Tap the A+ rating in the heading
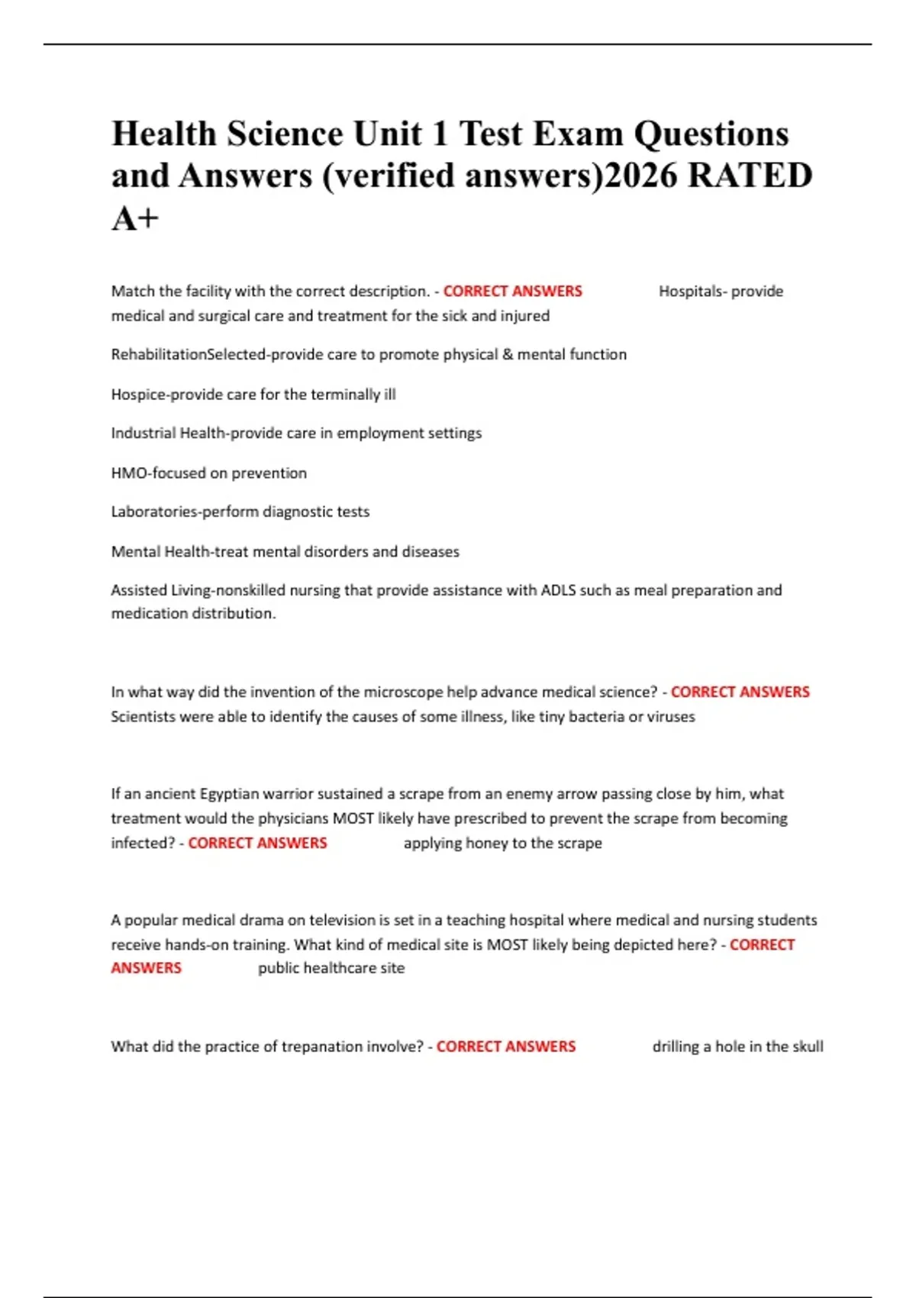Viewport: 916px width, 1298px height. tap(135, 218)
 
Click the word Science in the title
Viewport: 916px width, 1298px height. tap(285, 134)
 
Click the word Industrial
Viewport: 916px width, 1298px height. tap(143, 433)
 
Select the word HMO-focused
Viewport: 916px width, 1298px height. tap(158, 473)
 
